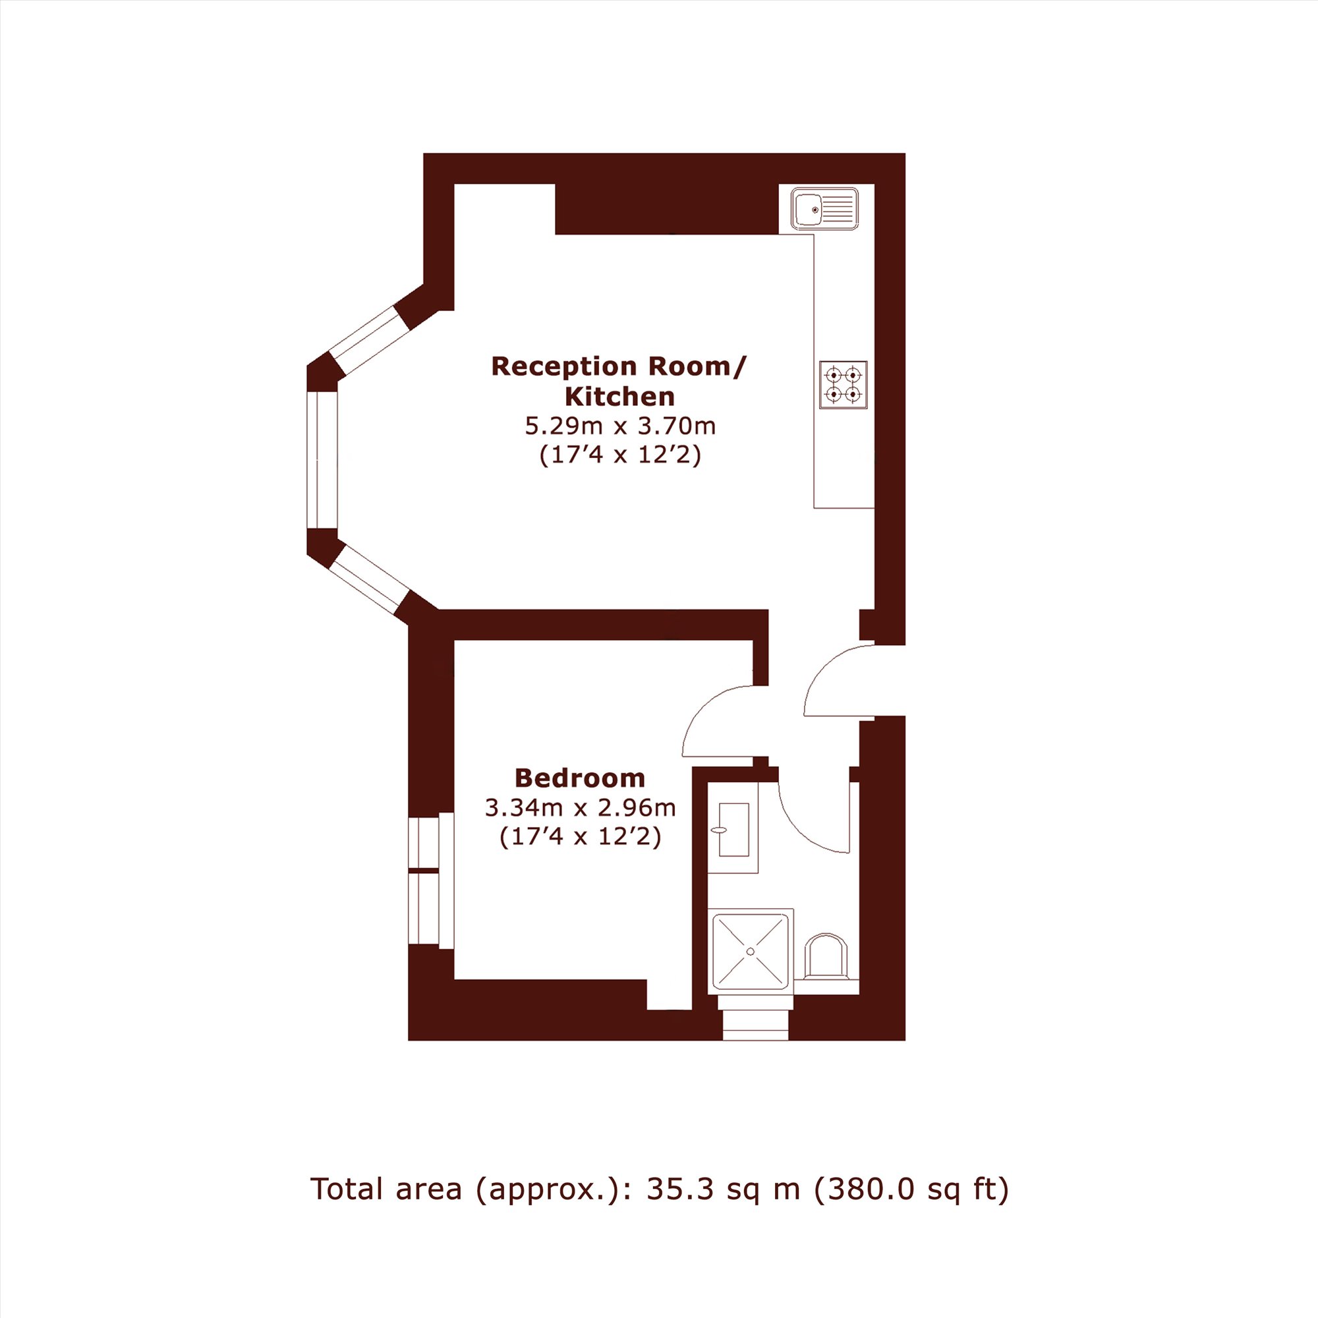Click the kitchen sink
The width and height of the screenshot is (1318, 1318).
(824, 209)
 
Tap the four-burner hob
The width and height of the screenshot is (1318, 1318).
(844, 385)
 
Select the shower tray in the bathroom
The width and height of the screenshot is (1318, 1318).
(751, 951)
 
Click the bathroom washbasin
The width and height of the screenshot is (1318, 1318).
(733, 829)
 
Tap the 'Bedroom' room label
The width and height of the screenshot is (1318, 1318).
(580, 778)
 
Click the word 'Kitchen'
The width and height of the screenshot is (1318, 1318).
(620, 396)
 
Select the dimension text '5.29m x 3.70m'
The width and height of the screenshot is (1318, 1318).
(620, 426)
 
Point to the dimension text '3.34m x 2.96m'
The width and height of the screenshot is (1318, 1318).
(580, 808)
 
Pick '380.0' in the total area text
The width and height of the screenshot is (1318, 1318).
(866, 1189)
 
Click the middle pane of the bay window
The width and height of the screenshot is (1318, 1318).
(322, 460)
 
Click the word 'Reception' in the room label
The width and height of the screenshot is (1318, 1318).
(567, 366)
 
